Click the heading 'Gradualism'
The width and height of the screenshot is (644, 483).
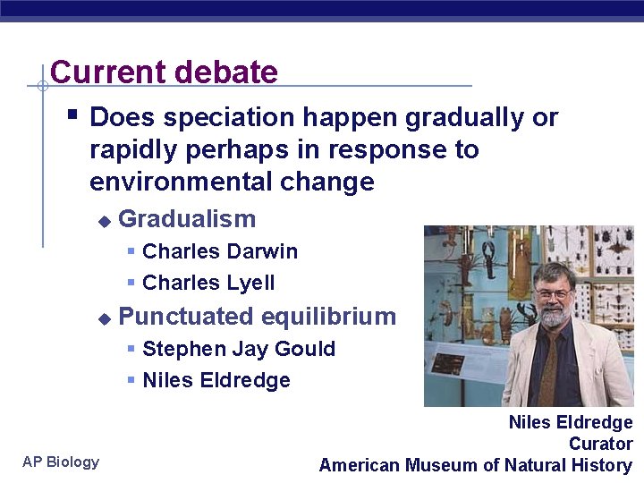tap(187, 219)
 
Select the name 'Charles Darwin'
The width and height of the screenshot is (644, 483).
tap(220, 251)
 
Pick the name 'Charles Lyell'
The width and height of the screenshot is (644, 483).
tap(208, 284)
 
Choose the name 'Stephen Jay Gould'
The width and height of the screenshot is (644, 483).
tap(239, 349)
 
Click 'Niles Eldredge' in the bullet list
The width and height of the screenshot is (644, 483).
tap(216, 380)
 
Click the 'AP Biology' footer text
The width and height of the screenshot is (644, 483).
tap(61, 462)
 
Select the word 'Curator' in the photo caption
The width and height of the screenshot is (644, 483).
tap(600, 444)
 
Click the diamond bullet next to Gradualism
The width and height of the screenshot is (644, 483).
tap(104, 221)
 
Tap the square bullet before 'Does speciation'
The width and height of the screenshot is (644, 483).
tap(74, 115)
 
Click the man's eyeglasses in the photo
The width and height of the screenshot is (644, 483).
tap(554, 293)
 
